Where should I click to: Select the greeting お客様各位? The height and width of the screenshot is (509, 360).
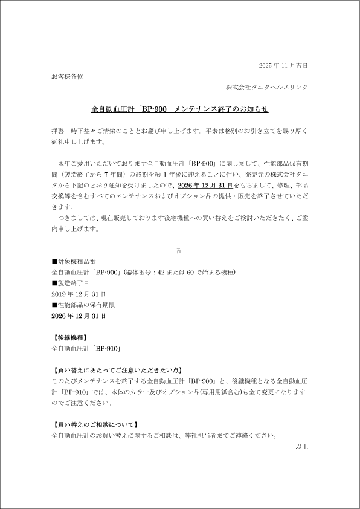[68, 76]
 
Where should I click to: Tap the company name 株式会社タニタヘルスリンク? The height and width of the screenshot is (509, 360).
[267, 87]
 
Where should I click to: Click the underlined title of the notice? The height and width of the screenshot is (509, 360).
[179, 109]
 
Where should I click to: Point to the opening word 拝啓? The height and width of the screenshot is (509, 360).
[58, 131]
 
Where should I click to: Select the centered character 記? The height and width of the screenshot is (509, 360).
[179, 250]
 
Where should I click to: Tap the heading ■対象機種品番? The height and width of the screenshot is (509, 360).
[74, 261]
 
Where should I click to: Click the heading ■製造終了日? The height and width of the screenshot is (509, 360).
[71, 283]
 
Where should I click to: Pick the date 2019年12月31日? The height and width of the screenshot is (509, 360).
[79, 294]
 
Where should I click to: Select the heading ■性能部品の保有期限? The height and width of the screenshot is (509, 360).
[83, 305]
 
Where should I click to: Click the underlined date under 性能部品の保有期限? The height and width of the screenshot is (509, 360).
[79, 316]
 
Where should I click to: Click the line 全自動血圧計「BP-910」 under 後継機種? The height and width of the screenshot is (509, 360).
[88, 349]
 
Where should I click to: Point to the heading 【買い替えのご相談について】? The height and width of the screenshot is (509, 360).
[95, 424]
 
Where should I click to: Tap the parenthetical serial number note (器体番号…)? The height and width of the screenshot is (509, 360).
[179, 272]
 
